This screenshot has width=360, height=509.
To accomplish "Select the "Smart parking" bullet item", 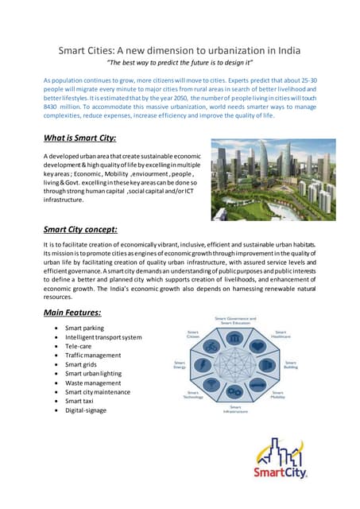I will (x=85, y=328).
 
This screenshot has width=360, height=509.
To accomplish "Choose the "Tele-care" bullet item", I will (x=81, y=348).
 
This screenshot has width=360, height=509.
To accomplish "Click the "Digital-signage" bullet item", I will (x=86, y=411).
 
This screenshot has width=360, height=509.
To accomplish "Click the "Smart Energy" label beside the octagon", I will (x=180, y=366).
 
